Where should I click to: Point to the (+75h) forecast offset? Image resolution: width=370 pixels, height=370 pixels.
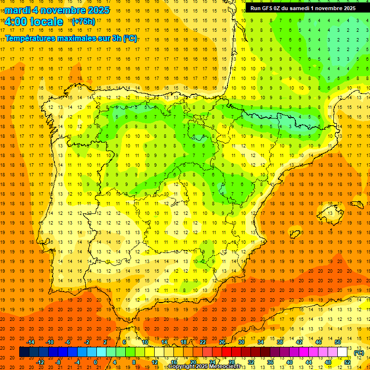tap(83, 22)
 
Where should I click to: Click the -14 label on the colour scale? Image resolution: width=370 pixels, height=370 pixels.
tap(31, 342)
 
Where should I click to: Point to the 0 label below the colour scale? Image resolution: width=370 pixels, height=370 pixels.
tap(95, 362)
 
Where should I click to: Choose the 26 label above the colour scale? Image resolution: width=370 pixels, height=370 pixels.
tap(222, 342)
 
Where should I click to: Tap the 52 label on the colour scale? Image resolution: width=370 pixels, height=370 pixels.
tap(347, 362)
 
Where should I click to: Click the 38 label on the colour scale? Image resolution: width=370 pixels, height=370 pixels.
tap(279, 342)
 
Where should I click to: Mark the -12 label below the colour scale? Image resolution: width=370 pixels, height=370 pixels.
tap(40, 362)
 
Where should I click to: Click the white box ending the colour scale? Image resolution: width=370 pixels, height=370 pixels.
tap(342, 352)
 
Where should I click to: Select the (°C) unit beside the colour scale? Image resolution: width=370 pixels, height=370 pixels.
tap(358, 353)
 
